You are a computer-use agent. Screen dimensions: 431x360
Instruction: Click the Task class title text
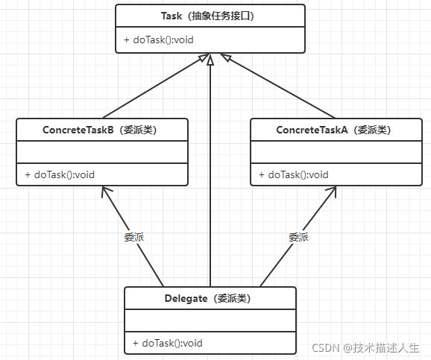tap(207, 16)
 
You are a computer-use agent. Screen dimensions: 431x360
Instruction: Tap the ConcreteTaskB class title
tap(99, 130)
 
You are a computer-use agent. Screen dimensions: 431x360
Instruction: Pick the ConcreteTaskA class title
tap(333, 130)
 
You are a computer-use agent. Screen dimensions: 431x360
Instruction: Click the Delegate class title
tap(207, 298)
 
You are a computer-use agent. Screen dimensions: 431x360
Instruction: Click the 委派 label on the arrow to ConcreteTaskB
tap(134, 237)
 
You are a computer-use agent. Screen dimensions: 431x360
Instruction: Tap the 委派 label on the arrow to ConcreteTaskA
tap(298, 237)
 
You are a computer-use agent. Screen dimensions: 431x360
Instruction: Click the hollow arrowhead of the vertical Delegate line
tap(210, 60)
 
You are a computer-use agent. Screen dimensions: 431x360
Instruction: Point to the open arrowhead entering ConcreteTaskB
tap(106, 191)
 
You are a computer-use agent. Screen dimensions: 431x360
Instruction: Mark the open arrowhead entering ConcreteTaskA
tap(332, 191)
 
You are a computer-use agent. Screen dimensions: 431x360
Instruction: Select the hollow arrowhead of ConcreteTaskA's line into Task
tap(226, 57)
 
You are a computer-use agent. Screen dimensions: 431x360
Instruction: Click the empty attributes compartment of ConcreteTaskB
tap(102, 152)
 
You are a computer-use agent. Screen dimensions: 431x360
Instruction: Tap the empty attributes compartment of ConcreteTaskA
tap(336, 152)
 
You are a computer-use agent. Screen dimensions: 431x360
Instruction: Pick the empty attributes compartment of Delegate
tap(210, 320)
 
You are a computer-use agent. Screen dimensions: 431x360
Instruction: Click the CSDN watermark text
tap(365, 348)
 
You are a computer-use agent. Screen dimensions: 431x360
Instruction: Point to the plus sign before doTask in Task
tap(127, 40)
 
